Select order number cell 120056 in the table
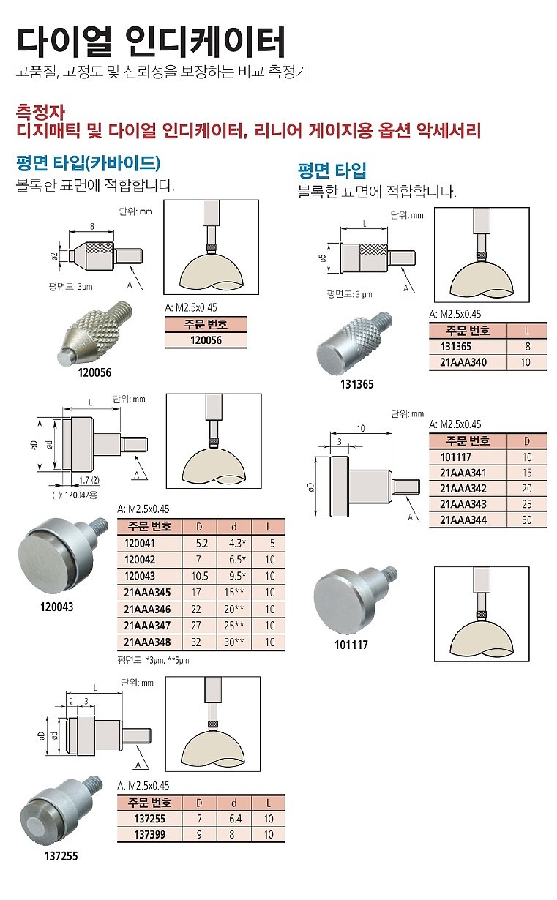click(206, 340)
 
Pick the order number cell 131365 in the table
click(454, 346)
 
